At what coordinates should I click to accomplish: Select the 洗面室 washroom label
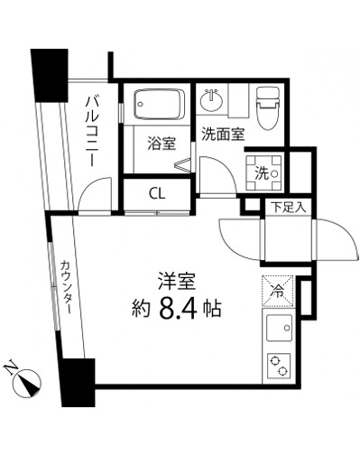point(221,135)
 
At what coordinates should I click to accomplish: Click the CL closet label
point(156,193)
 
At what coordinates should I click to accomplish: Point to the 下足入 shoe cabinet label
point(289,207)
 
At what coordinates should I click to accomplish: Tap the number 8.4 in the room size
point(180,308)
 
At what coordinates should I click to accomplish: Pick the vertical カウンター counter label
point(67,287)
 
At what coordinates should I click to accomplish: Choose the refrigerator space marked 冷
point(279,292)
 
